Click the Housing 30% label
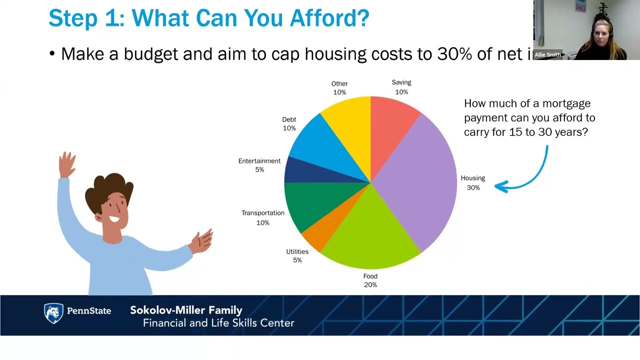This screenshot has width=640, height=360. click(x=473, y=183)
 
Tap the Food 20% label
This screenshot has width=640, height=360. click(x=370, y=280)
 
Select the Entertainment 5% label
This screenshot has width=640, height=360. click(x=259, y=165)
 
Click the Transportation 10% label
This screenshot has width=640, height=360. click(x=262, y=217)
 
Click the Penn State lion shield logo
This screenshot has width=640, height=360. click(x=54, y=313)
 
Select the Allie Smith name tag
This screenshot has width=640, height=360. click(x=547, y=55)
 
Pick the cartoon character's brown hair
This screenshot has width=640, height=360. click(x=108, y=190)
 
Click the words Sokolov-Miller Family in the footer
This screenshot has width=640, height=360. click(x=186, y=310)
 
